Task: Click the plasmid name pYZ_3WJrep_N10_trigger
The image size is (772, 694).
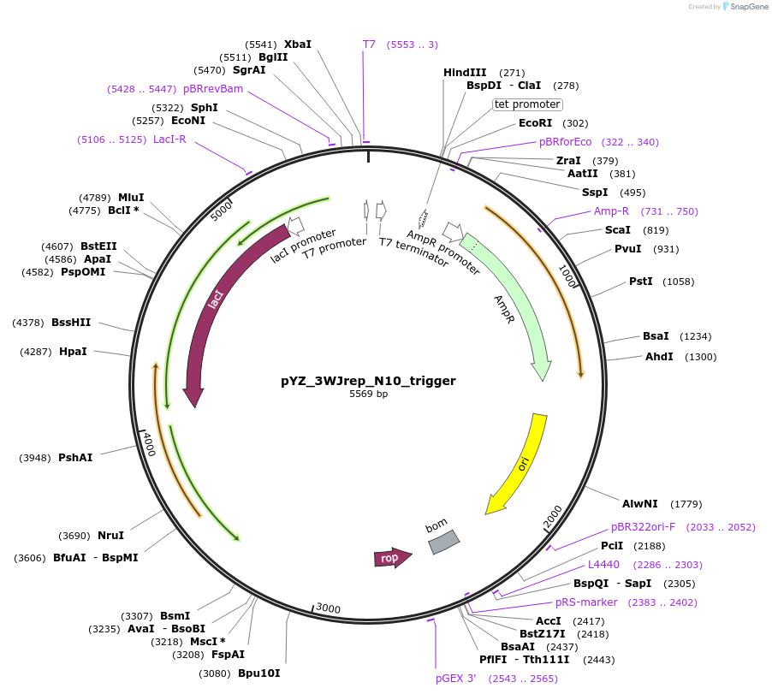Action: coord(368,381)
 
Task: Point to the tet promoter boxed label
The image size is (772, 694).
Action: coord(527,104)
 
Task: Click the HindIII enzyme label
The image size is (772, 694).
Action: coord(465,73)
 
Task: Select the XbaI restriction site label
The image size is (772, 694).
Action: coord(298,44)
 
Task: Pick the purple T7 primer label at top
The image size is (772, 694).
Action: coord(369,44)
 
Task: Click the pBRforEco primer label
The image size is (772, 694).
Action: coord(565,142)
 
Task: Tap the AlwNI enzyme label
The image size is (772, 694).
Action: coord(638,504)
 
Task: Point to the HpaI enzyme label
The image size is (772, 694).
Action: coord(73,352)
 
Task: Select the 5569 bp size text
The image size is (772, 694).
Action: coord(368,394)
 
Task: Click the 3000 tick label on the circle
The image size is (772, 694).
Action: coord(329,608)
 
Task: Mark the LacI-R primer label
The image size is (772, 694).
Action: coord(169,139)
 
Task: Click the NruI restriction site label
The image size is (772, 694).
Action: coord(110,536)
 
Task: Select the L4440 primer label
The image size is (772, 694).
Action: coord(603,565)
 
